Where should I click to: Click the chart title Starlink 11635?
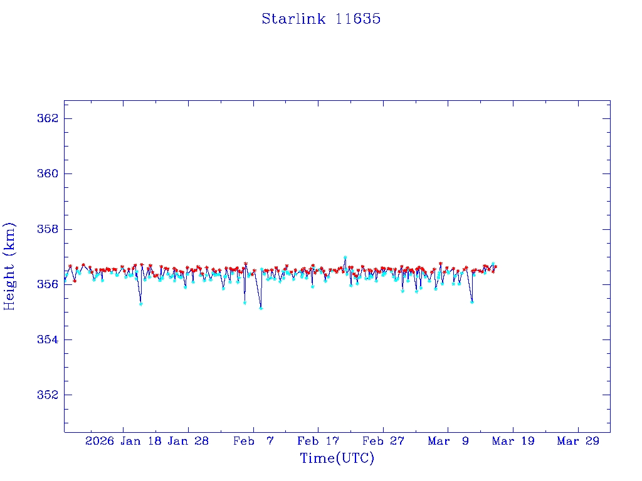(x=321, y=19)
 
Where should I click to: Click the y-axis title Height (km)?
(x=9, y=266)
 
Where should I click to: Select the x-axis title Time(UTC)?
(x=337, y=458)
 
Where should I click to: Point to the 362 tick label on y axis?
(x=49, y=118)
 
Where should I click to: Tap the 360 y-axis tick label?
(x=49, y=173)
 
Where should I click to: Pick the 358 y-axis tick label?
(x=49, y=229)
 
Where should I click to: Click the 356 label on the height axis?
(x=49, y=284)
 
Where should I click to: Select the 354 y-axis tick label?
(x=49, y=339)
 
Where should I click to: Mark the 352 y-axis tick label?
(x=49, y=395)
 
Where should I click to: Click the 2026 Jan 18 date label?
(x=122, y=441)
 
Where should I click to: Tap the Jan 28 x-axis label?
(x=188, y=441)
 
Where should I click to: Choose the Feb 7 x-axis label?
(x=253, y=441)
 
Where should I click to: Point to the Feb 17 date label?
(x=318, y=441)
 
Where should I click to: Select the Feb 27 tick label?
(x=383, y=441)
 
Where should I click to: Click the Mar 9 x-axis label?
(x=448, y=441)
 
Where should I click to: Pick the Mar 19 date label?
(x=513, y=441)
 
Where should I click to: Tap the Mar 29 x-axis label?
(x=578, y=441)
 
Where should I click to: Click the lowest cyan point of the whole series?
(x=261, y=308)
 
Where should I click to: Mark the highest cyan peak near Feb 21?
(x=345, y=257)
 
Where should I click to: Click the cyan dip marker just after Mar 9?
(x=472, y=302)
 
